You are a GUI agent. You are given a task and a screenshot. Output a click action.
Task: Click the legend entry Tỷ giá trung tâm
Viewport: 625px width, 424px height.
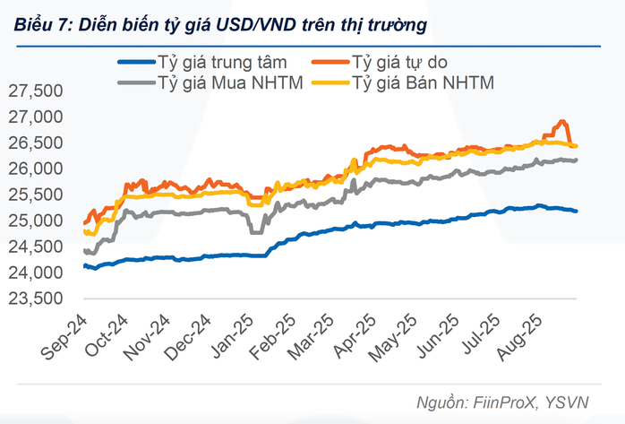click(x=222, y=63)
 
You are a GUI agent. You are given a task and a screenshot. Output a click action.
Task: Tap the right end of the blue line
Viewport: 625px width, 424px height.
click(x=576, y=212)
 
